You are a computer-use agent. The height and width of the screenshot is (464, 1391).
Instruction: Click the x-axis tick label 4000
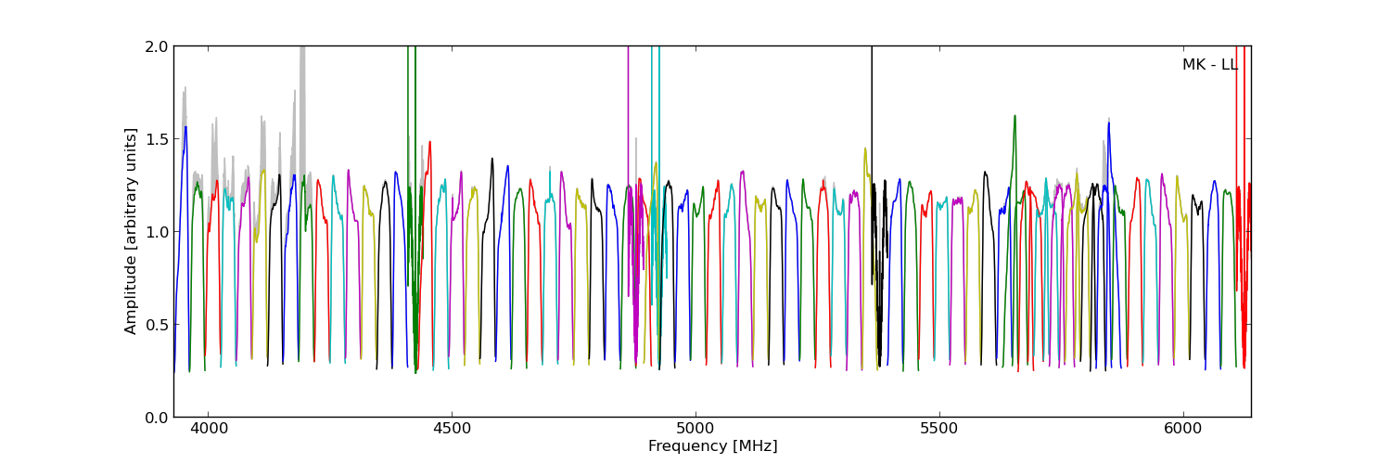coord(207,430)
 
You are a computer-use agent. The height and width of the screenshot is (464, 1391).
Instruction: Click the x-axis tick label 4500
coord(451,430)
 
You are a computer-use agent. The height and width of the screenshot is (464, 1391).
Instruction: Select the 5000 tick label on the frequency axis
coord(695,430)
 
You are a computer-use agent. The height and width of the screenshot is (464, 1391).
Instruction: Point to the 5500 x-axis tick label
coord(939,430)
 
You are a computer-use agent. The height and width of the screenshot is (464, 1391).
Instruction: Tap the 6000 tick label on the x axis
coord(1183,430)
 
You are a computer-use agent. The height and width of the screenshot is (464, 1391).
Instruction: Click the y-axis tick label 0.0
coord(157,418)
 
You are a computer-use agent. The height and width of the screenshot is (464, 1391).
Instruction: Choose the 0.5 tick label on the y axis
coord(157,325)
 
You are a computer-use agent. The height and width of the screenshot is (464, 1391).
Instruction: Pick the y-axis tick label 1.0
coord(157,232)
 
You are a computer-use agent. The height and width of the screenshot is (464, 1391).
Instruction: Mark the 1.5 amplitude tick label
coord(157,139)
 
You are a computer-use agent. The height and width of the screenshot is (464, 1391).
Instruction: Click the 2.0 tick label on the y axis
coord(157,46)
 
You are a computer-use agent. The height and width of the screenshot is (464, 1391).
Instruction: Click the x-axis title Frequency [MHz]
coord(712,446)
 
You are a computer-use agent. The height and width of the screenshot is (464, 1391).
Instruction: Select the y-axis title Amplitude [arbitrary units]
coord(131,231)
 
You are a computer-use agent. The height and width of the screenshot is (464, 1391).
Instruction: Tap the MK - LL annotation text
coord(1209,65)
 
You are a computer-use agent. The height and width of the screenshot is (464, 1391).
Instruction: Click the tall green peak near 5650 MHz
coord(1015,117)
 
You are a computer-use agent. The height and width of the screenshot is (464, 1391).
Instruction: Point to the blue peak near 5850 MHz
coord(1108,123)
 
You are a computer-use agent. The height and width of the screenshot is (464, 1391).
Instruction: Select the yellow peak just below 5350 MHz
coord(865,149)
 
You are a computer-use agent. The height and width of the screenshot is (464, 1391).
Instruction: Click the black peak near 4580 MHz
coord(492,159)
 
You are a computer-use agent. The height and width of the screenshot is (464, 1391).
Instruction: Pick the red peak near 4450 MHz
coord(429,143)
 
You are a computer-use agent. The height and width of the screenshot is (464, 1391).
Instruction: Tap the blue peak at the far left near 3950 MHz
coord(185,127)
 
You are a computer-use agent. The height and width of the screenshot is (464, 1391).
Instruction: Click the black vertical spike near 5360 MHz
coord(872,111)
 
